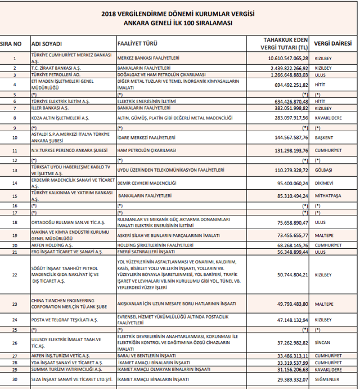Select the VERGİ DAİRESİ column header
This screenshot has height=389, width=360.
pyautogui.click(x=336, y=43)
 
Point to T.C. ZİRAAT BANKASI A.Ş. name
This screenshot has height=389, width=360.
pyautogui.click(x=56, y=68)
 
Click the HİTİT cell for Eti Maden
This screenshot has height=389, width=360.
pyautogui.click(x=322, y=83)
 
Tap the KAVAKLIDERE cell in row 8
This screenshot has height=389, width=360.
pyautogui.click(x=328, y=118)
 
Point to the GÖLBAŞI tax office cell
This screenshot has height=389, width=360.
pyautogui.click(x=324, y=169)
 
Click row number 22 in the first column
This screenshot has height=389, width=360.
pyautogui.click(x=15, y=274)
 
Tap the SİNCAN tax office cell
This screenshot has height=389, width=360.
pyautogui.click(x=323, y=342)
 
